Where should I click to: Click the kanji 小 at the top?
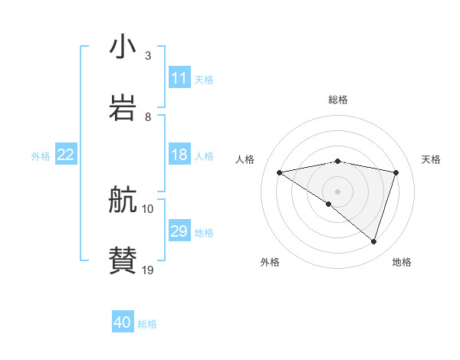pyautogui.click(x=123, y=47)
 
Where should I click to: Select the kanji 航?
pyautogui.click(x=123, y=201)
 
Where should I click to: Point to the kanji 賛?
pyautogui.click(x=123, y=260)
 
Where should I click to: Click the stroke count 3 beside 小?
pyautogui.click(x=148, y=56)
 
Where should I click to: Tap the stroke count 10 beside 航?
pyautogui.click(x=148, y=208)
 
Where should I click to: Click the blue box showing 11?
pyautogui.click(x=179, y=78)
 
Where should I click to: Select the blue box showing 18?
pyautogui.click(x=179, y=155)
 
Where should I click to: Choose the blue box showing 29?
pyautogui.click(x=179, y=231)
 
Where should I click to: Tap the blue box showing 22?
pyautogui.click(x=66, y=155)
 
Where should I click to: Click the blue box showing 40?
pyautogui.click(x=123, y=322)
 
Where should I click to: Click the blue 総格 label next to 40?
pyautogui.click(x=147, y=324)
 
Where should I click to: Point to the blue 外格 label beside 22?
pyautogui.click(x=41, y=156)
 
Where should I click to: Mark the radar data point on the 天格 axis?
pyautogui.click(x=396, y=172)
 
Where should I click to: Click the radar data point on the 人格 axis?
pyautogui.click(x=280, y=172)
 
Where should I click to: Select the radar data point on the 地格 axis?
pyautogui.click(x=374, y=241)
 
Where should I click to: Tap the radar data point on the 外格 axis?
pyautogui.click(x=329, y=204)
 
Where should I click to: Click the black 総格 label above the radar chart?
pyautogui.click(x=338, y=100)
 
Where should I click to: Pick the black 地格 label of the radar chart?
pyautogui.click(x=402, y=262)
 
